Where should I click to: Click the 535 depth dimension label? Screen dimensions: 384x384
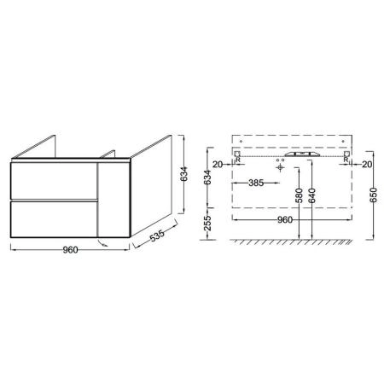pyautogui.click(x=157, y=236)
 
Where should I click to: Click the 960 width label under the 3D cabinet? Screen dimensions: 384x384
pyautogui.click(x=70, y=250)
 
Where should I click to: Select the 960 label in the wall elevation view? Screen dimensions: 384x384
pyautogui.click(x=285, y=220)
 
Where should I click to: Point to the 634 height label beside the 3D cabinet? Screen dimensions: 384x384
pyautogui.click(x=184, y=174)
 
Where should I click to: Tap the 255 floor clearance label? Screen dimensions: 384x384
pyautogui.click(x=208, y=223)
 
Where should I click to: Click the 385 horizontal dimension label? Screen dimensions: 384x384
pyautogui.click(x=256, y=183)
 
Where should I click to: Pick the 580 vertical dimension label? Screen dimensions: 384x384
pyautogui.click(x=299, y=195)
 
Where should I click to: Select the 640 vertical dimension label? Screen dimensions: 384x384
pyautogui.click(x=312, y=195)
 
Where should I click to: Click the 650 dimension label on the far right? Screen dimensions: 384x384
pyautogui.click(x=374, y=195)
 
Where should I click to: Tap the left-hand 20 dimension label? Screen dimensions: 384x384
pyautogui.click(x=218, y=164)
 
